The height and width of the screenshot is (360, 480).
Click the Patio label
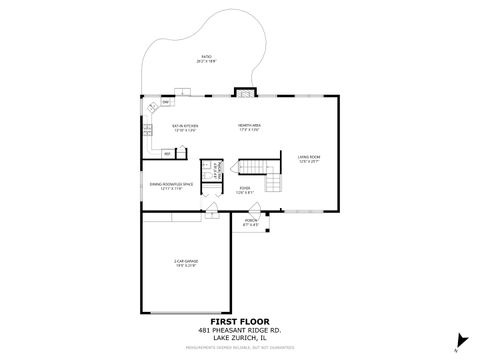(x=206, y=59)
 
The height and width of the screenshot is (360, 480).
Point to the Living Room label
(x=308, y=158)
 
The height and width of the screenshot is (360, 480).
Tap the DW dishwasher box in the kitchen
(x=165, y=103)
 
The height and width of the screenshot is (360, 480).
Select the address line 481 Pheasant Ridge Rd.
(x=240, y=331)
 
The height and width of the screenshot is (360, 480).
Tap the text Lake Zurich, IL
(x=240, y=339)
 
